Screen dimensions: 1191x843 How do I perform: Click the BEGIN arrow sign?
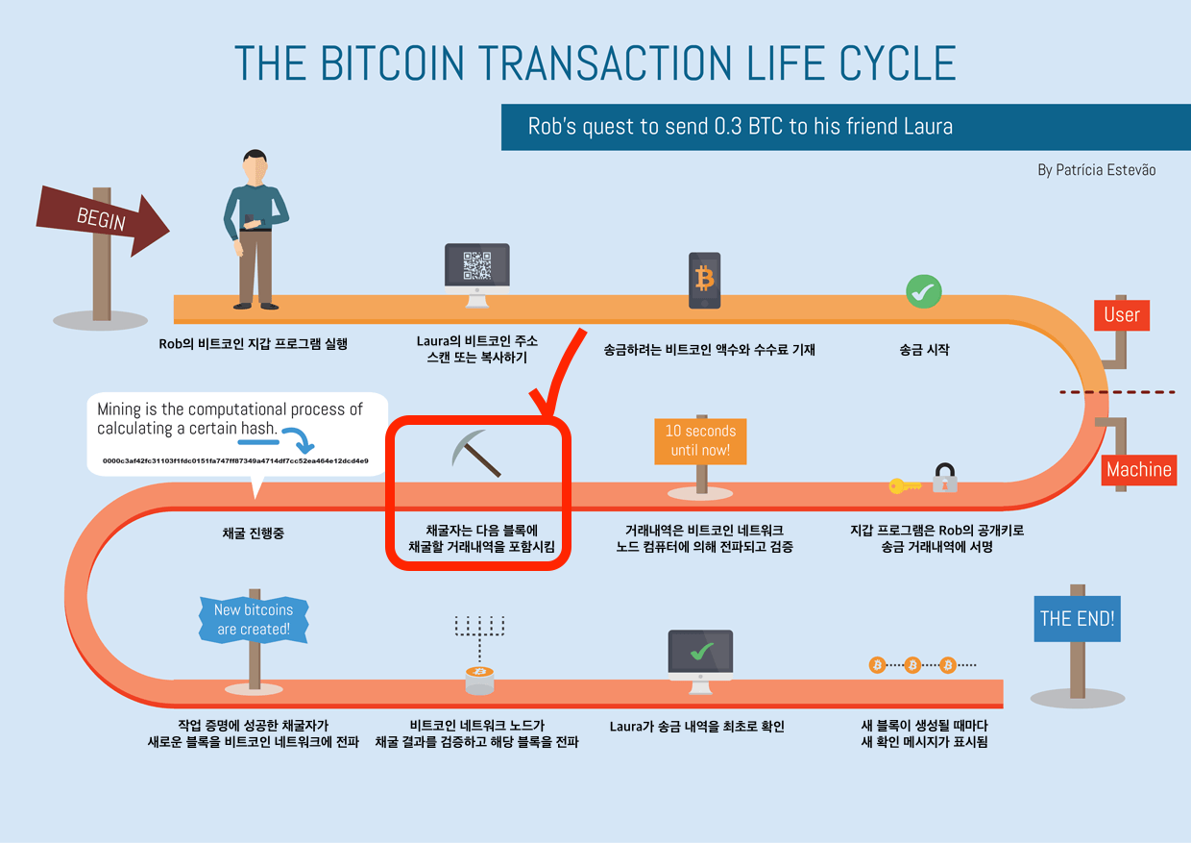103,220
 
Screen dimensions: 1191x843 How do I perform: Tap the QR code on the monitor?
477,265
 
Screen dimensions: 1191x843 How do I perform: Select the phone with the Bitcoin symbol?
704,281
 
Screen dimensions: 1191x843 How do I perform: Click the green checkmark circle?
924,291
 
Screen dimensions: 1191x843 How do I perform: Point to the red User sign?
1122,315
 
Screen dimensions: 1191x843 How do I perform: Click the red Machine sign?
1139,469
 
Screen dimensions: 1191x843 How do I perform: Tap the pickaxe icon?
475,453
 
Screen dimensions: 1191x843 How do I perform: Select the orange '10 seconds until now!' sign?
700,441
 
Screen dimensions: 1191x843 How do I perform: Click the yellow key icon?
905,485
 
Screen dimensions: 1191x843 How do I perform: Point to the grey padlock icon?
945,478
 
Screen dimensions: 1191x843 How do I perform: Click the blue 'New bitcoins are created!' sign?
254,619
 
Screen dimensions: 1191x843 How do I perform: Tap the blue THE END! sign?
1078,618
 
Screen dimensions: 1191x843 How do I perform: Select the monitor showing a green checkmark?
700,661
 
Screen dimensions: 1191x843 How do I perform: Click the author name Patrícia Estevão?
1106,170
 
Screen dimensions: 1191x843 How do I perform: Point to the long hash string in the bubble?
235,460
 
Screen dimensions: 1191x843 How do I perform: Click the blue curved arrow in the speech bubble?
299,439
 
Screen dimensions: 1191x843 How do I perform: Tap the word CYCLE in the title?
898,62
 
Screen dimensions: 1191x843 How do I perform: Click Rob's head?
255,166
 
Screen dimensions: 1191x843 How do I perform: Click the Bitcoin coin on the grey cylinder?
479,672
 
